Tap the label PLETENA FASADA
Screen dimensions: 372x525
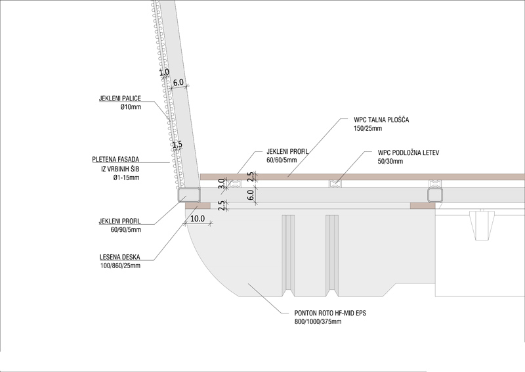pyautogui.click(x=119, y=159)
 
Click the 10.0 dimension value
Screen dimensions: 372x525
pyautogui.click(x=198, y=218)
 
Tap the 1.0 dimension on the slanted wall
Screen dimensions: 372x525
pyautogui.click(x=164, y=72)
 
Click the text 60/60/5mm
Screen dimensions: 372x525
pyautogui.click(x=282, y=159)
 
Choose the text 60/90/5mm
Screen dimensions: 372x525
pyautogui.click(x=127, y=229)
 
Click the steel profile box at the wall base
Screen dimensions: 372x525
pyautogui.click(x=189, y=195)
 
